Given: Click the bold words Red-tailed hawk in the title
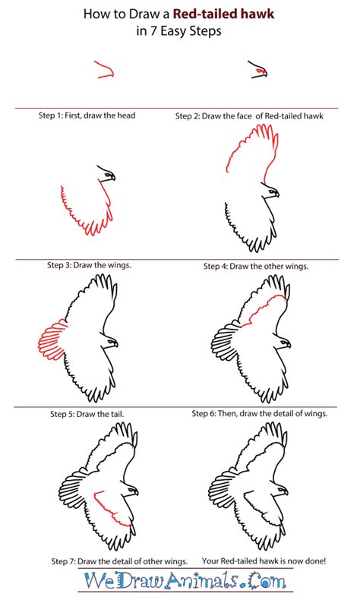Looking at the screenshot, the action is point(224,14).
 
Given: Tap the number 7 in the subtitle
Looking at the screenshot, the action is point(153,30).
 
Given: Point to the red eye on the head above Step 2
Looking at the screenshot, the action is point(261,71).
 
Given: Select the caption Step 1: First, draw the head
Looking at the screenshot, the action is point(87,115).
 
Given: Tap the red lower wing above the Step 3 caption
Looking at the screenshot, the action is point(87,209).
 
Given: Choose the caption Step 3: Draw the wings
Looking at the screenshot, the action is point(89,265).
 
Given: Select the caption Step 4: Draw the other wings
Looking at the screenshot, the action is point(256,266).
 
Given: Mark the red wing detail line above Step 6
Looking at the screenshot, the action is point(264,309).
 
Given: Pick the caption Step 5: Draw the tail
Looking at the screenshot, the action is point(87,414).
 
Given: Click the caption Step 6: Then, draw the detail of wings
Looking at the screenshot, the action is point(260,413).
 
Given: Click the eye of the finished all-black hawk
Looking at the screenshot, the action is point(283,489).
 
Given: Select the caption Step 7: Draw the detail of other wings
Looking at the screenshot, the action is point(119,562).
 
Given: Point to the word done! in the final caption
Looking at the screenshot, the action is point(316,561).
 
